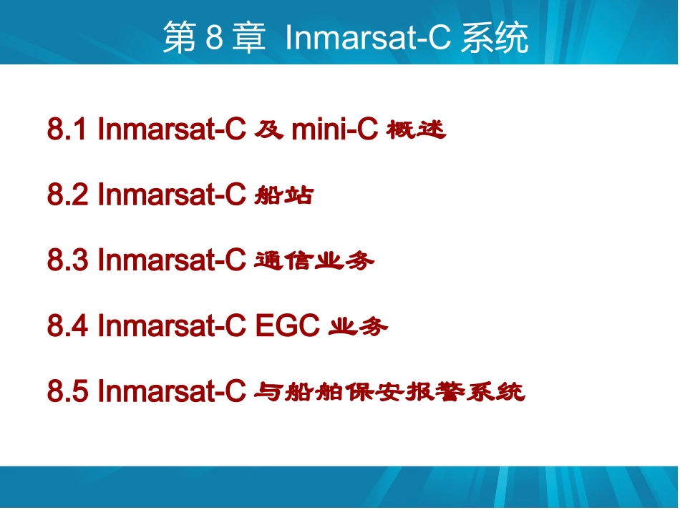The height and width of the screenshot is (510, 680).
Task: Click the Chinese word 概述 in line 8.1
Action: click(416, 130)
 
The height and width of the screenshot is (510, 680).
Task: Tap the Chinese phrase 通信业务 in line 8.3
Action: click(314, 262)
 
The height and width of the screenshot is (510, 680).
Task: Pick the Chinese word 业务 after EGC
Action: click(358, 328)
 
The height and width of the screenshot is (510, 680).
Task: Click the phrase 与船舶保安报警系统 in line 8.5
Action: click(390, 393)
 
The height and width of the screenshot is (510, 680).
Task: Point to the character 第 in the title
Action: click(179, 39)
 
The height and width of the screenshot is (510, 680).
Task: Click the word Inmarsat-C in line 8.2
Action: click(172, 195)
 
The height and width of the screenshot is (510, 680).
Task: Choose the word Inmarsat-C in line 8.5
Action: click(172, 392)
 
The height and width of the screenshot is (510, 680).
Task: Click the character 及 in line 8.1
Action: click(269, 130)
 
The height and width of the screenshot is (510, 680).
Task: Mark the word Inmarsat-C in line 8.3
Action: click(172, 261)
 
